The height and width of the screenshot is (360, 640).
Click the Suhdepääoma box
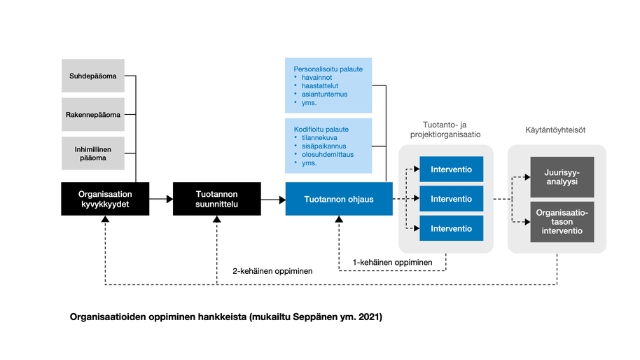(93, 76)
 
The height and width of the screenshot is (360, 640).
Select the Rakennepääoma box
(93, 114)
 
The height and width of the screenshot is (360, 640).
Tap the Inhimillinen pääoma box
(93, 153)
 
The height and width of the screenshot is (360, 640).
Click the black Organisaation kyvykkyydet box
(105, 199)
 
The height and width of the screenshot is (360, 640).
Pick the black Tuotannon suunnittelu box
(217, 199)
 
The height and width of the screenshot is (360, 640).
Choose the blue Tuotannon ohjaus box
(339, 199)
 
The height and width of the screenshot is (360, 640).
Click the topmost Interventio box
(451, 169)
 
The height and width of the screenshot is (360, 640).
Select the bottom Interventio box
(451, 228)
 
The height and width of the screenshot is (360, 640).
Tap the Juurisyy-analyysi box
(562, 176)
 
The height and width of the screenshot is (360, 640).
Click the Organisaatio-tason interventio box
(562, 221)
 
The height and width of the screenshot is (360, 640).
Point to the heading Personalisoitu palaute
(328, 69)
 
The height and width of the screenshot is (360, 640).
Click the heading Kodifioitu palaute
(321, 129)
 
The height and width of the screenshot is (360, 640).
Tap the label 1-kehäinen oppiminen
(391, 262)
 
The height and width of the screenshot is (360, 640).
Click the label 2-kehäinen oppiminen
(273, 270)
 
